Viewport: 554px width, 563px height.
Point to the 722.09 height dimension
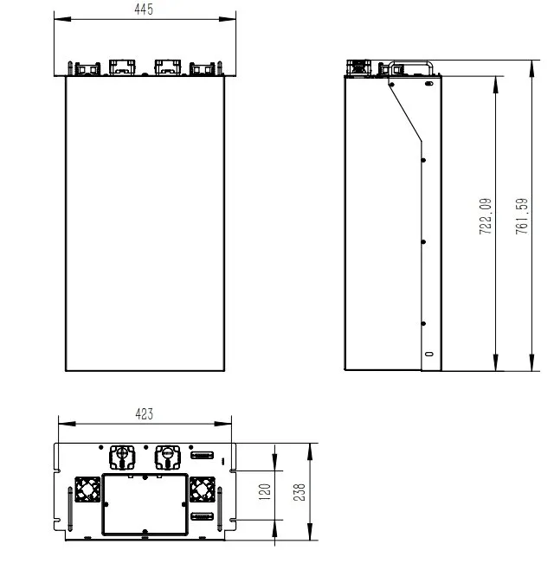[486, 217]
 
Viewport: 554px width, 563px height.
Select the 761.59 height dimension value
[521, 217]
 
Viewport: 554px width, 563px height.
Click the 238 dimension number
[300, 491]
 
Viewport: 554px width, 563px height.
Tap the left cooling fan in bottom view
[87, 490]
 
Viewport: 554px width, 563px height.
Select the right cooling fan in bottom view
[203, 490]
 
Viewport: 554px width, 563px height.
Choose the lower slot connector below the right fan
[202, 517]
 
